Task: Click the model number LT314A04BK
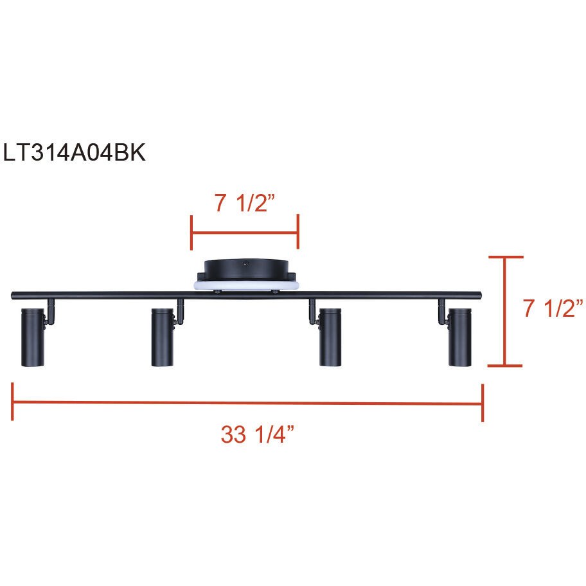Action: click(75, 153)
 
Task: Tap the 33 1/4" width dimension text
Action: click(257, 435)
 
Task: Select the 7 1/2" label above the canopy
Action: click(245, 203)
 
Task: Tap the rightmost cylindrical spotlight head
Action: click(460, 337)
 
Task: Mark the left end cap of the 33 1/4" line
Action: click(12, 402)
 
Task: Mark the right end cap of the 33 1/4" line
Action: click(482, 404)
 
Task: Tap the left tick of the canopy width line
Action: click(191, 233)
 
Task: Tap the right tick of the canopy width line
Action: click(297, 233)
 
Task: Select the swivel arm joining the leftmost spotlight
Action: click(49, 312)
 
